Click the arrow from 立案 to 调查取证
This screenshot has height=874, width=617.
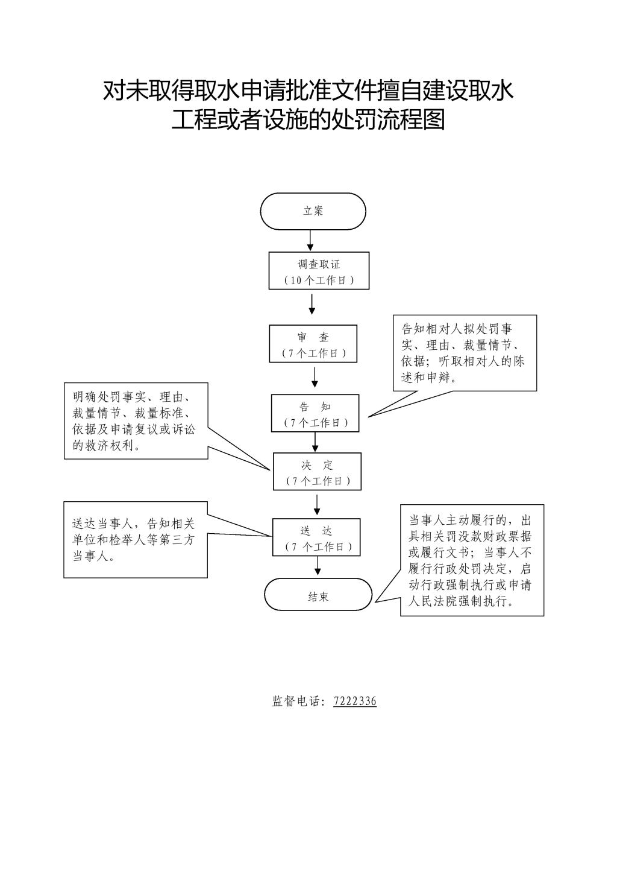[x=310, y=240]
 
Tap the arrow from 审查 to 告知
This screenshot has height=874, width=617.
[x=315, y=377]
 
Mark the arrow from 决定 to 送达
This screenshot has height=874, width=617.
[x=317, y=505]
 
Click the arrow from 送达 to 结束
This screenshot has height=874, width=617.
[x=318, y=566]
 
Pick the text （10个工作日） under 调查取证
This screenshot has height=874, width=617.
[x=319, y=280]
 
